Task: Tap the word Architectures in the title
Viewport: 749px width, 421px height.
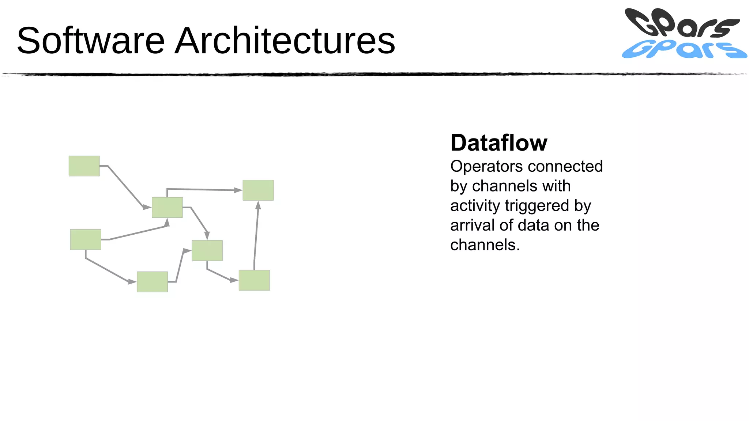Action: tap(285, 41)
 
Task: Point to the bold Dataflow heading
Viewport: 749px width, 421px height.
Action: tap(499, 143)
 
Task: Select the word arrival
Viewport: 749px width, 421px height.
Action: tap(472, 225)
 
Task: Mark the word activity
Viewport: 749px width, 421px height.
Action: tap(475, 206)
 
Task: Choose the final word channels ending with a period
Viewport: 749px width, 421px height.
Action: tap(485, 245)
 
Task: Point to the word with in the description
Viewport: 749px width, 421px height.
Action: tap(556, 186)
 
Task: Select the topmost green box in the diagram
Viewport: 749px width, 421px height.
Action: tap(84, 166)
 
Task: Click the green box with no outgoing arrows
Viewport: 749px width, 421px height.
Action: tap(258, 190)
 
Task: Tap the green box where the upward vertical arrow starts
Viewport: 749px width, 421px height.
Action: tap(254, 280)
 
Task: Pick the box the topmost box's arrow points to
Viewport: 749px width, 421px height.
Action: tap(167, 208)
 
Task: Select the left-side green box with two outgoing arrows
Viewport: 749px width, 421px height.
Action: tap(86, 240)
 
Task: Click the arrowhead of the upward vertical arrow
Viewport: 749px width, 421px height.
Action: tap(258, 205)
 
